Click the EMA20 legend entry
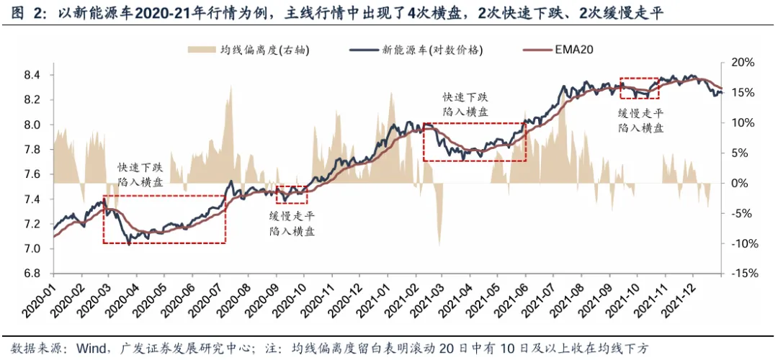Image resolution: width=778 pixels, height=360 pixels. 573,50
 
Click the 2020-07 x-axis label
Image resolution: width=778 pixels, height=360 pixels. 208,301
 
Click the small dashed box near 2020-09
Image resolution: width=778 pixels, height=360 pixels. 292,194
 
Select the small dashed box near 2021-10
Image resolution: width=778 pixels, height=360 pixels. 639,88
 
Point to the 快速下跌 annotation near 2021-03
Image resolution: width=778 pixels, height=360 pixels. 465,96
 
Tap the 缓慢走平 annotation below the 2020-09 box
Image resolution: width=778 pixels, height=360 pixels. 292,216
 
